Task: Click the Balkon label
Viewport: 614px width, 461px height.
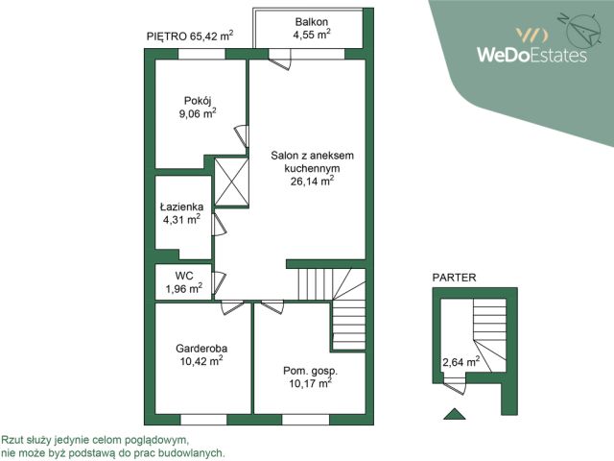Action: point(312,22)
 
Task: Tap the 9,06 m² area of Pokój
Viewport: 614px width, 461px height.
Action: point(198,113)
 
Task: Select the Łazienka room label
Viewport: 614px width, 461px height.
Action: point(181,207)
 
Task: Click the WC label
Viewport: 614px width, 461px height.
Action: point(184,276)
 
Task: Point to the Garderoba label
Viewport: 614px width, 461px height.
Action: point(201,349)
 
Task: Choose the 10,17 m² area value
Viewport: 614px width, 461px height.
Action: point(311,382)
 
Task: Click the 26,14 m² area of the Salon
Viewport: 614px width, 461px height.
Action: point(312,181)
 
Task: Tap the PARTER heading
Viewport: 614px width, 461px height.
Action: point(454,278)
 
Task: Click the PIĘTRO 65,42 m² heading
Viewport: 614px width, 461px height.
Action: point(190,36)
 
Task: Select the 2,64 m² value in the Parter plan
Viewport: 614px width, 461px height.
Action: point(460,361)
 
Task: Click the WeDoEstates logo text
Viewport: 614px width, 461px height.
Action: point(531,55)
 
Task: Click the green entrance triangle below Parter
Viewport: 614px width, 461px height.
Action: point(455,414)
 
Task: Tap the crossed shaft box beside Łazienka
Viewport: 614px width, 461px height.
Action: point(232,182)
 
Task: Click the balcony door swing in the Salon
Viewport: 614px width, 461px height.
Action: point(280,61)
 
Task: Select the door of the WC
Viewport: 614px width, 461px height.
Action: point(219,283)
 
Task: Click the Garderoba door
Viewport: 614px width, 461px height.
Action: point(232,307)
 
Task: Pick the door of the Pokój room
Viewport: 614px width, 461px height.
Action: point(242,136)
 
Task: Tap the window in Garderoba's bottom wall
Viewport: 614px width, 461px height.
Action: point(203,420)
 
